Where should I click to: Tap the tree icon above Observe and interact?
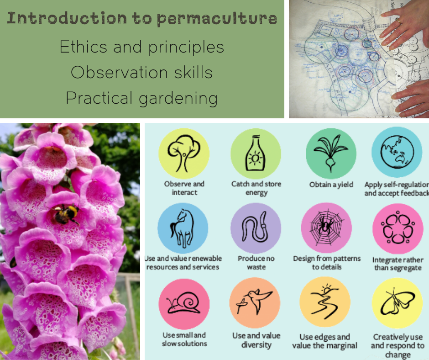(x=183, y=153)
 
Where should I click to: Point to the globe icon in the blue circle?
(x=397, y=152)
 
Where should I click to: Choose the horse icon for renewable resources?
(x=183, y=228)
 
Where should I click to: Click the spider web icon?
(x=326, y=228)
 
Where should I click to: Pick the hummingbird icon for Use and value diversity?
(x=255, y=302)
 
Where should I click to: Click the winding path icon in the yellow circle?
(x=325, y=302)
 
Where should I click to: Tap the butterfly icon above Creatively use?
(x=396, y=302)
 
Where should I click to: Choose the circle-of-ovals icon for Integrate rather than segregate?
(x=396, y=228)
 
